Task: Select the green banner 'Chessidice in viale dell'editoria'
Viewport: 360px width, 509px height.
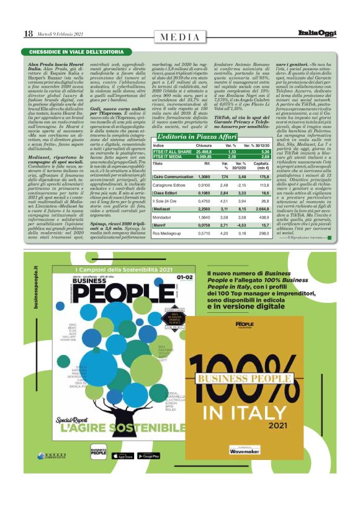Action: [69, 52]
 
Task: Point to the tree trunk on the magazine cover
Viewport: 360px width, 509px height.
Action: [106, 397]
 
